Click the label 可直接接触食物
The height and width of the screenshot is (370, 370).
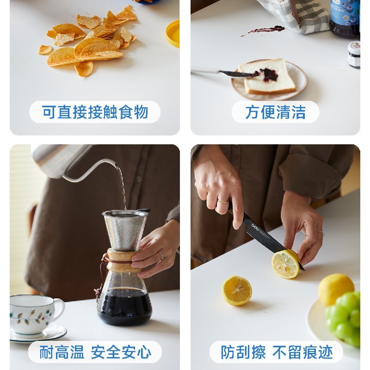(x=94, y=112)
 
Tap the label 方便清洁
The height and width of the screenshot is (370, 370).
(x=275, y=112)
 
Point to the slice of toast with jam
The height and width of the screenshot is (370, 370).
(x=268, y=76)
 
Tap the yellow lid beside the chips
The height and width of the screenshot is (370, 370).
(x=173, y=33)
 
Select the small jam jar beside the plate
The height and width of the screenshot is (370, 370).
(x=354, y=55)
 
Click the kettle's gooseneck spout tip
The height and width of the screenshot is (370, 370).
(x=116, y=163)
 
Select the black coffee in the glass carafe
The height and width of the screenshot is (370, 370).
(x=124, y=305)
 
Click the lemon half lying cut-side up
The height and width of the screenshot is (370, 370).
(x=237, y=290)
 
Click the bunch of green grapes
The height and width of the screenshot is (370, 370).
(x=346, y=317)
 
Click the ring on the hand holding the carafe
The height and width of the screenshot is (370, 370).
(x=160, y=256)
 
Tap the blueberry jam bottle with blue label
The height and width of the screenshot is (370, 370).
(x=345, y=18)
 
